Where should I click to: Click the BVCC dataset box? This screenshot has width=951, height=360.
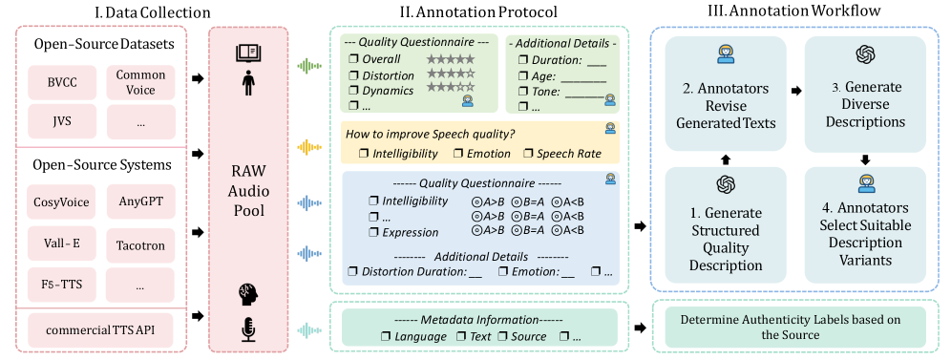pyautogui.click(x=62, y=83)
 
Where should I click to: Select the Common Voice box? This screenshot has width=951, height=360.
pyautogui.click(x=140, y=83)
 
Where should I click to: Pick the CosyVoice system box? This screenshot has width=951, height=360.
pyautogui.click(x=62, y=201)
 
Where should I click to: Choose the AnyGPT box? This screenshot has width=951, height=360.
pyautogui.click(x=140, y=201)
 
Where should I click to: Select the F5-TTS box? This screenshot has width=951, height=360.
pyautogui.click(x=62, y=285)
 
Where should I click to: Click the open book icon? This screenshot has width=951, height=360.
pyautogui.click(x=248, y=53)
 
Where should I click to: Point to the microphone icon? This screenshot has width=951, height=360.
pyautogui.click(x=248, y=330)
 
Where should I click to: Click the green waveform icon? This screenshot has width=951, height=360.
pyautogui.click(x=311, y=66)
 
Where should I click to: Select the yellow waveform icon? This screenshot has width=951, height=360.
pyautogui.click(x=311, y=147)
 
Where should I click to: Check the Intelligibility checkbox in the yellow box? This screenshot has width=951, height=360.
pyautogui.click(x=363, y=154)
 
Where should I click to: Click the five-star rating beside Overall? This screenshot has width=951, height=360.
pyautogui.click(x=451, y=59)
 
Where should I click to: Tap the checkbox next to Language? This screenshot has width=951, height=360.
pyautogui.click(x=385, y=336)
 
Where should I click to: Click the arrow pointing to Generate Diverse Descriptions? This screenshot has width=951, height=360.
pyautogui.click(x=795, y=91)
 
